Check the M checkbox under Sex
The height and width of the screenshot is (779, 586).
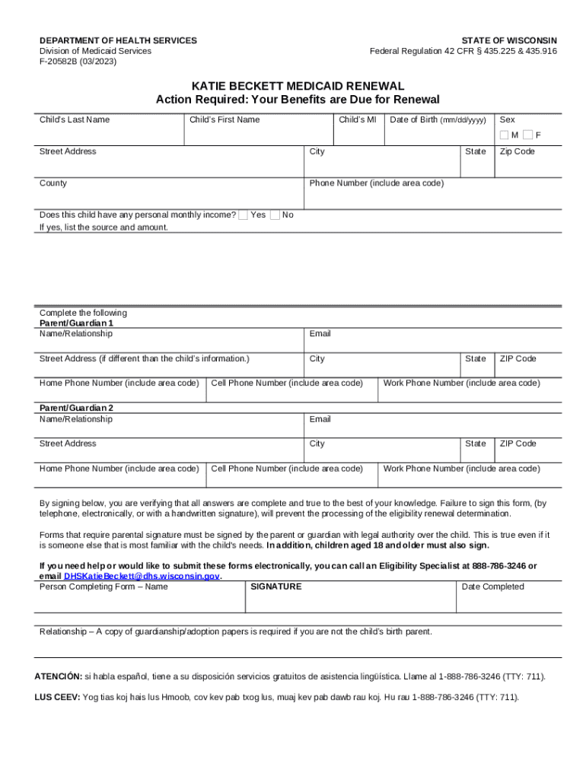click(505, 135)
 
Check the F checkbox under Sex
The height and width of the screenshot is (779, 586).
click(527, 135)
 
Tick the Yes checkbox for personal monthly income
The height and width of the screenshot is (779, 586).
click(243, 215)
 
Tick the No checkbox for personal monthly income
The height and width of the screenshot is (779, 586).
click(275, 215)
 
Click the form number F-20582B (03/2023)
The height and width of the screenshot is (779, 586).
click(78, 62)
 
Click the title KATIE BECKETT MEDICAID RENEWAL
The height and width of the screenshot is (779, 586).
click(298, 87)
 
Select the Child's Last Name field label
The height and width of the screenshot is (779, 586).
click(75, 119)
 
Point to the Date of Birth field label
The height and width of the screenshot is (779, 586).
click(438, 119)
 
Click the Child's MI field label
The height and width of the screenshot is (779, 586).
click(357, 119)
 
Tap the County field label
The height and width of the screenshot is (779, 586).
click(53, 183)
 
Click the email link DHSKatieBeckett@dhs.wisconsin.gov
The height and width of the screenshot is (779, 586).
click(142, 577)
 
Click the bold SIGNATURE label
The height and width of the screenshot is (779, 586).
click(276, 587)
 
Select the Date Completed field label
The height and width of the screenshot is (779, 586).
click(492, 587)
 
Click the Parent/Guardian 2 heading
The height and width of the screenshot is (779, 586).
click(76, 409)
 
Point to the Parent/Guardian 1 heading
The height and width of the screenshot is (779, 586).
click(76, 323)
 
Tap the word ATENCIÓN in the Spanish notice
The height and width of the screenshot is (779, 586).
click(58, 676)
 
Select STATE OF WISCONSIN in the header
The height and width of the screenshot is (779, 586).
click(509, 40)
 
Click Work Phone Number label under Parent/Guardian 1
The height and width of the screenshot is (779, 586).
click(462, 383)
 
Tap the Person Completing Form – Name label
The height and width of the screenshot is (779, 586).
click(104, 587)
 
